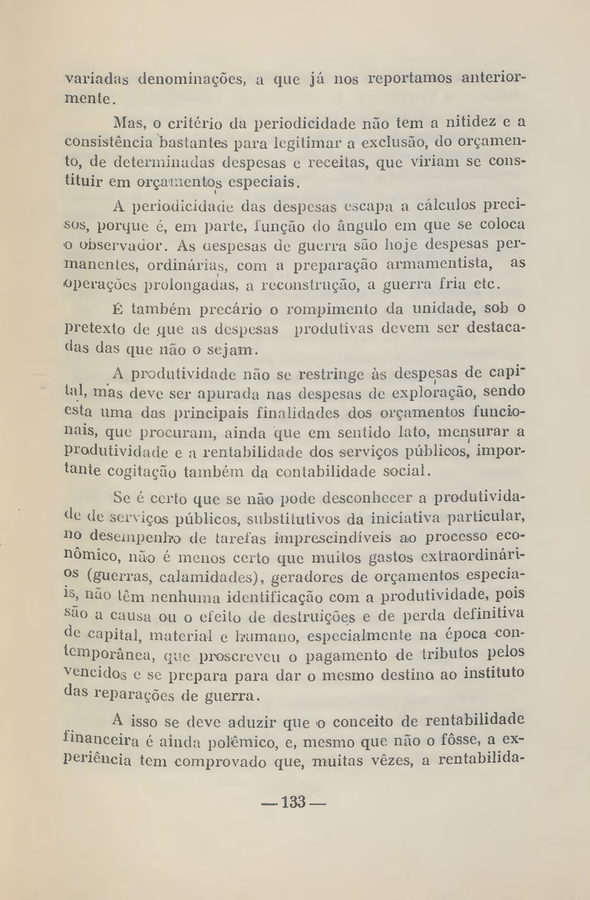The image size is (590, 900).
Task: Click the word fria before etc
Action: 452,284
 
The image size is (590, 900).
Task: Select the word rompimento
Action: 332,310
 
